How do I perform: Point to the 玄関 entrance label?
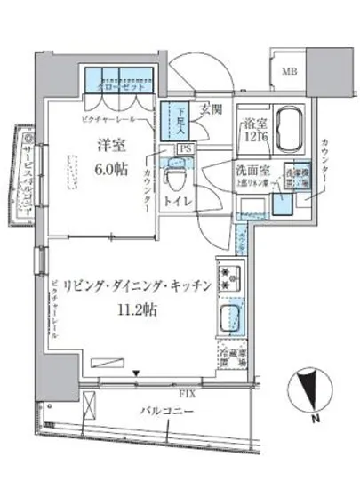click(211, 110)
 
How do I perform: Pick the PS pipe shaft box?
click(180, 149)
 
